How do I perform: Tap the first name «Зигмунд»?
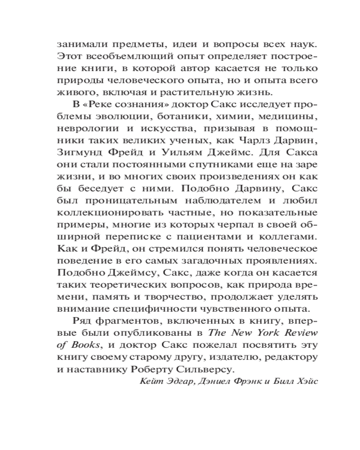coord(78,152)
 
